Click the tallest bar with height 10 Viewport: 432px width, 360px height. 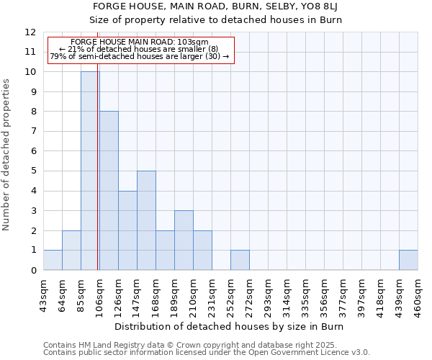pos(90,171)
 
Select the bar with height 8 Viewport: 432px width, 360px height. pos(109,191)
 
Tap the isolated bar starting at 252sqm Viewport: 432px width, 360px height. pos(240,260)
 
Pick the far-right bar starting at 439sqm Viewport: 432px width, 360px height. pos(408,260)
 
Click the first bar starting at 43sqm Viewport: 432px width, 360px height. pos(53,260)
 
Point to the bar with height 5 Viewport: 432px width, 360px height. pos(146,220)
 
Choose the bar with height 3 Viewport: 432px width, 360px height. pos(184,240)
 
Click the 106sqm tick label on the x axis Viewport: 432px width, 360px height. pos(99,295)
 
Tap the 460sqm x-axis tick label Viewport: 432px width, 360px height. pos(418,295)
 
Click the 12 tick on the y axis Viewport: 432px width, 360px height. pos(30,32)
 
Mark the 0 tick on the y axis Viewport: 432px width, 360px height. pos(33,270)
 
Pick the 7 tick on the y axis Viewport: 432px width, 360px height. pos(33,131)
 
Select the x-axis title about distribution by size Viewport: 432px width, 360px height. pos(230,327)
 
